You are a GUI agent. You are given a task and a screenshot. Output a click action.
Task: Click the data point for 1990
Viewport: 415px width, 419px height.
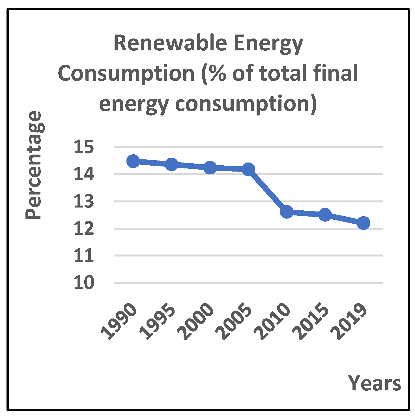pos(133,161)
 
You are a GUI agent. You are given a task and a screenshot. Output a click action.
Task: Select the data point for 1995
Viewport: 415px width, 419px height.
pos(171,164)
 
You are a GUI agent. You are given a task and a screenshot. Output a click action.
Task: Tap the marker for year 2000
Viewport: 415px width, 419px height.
pos(210,167)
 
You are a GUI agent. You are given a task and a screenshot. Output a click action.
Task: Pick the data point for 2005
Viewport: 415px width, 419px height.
pos(248,169)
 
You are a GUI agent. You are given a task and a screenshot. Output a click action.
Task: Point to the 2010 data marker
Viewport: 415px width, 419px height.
pos(287,212)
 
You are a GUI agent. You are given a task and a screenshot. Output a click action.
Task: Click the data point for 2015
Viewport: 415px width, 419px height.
pos(325,215)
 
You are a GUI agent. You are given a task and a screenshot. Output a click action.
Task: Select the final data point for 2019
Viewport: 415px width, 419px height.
pos(364,223)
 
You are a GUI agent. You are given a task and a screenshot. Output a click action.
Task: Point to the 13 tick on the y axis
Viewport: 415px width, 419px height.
pos(84,202)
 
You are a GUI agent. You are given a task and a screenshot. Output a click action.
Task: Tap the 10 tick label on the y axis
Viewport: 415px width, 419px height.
pos(84,283)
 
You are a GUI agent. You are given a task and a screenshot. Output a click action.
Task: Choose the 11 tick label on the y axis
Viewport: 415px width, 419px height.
pos(84,256)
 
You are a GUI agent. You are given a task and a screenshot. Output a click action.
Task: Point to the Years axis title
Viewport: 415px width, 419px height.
pos(375,383)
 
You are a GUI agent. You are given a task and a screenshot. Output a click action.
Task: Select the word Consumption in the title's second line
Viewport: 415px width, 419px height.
pos(126,73)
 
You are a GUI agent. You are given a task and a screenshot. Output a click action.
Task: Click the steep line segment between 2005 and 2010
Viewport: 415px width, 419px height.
pos(267,191)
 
